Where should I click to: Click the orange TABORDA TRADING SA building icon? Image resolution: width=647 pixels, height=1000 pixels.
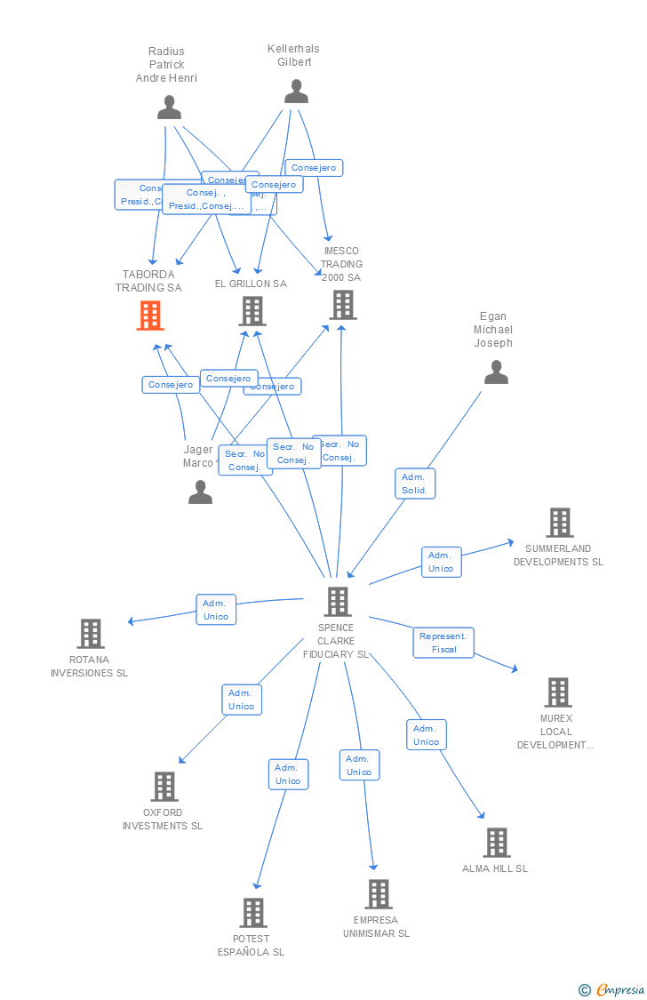click(150, 315)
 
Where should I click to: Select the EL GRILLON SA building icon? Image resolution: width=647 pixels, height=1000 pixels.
click(252, 311)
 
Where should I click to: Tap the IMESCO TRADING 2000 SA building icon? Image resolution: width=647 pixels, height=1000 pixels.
click(342, 305)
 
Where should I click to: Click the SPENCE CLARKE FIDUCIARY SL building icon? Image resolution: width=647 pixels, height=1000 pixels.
click(337, 602)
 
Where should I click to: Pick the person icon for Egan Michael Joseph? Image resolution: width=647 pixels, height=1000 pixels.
click(496, 372)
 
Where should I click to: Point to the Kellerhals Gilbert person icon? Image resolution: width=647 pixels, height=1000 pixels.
click(296, 92)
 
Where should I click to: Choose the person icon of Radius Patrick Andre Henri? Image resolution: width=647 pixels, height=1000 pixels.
click(169, 108)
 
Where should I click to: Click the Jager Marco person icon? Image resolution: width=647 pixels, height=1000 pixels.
click(200, 492)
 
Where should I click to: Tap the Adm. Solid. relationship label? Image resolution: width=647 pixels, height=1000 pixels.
click(415, 484)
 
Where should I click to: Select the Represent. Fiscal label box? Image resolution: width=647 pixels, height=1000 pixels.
click(443, 643)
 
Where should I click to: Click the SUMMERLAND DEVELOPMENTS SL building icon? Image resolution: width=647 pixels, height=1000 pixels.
click(559, 523)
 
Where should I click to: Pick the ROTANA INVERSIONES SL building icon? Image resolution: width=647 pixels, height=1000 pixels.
click(91, 634)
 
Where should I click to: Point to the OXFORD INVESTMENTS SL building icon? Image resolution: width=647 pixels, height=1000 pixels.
click(164, 787)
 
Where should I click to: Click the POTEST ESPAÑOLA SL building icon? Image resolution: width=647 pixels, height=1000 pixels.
click(252, 913)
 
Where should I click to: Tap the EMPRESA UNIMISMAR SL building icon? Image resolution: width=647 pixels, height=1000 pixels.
click(378, 894)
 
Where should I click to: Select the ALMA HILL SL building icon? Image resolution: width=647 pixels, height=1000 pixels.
click(496, 843)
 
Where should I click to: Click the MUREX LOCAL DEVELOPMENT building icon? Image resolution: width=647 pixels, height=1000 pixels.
click(557, 692)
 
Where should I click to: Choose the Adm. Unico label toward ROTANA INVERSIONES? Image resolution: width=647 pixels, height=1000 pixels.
click(216, 610)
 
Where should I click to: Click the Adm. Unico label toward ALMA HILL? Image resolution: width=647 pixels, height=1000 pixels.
click(427, 735)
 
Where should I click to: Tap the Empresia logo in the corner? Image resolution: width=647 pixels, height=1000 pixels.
click(612, 989)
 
